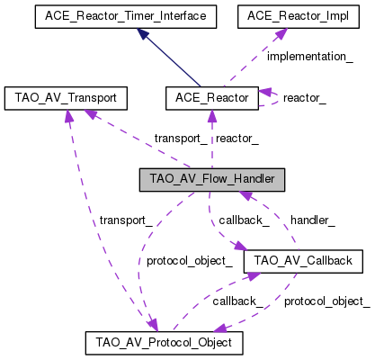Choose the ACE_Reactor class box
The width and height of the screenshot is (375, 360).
point(211,95)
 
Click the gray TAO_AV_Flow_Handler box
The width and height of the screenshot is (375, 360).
point(212,178)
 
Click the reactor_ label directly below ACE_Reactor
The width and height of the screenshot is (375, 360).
point(237,138)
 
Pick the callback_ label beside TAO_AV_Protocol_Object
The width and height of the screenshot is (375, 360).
point(237,301)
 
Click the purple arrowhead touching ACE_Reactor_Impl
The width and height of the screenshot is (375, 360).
point(282,31)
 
